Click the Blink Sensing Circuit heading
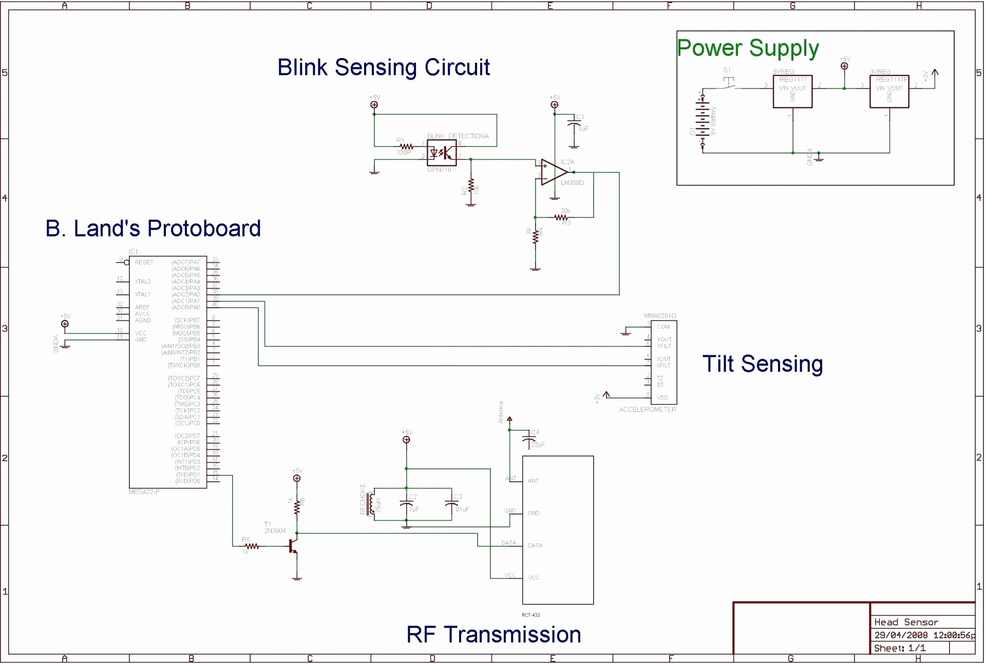coord(384,67)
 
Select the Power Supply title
coord(748,48)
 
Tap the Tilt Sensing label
coord(762,364)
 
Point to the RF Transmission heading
coord(494,635)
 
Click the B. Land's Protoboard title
coord(153,229)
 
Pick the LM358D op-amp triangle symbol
coord(554,172)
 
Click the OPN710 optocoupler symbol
coord(442,153)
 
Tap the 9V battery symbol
coord(701,122)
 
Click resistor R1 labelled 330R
coord(406,147)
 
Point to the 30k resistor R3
coord(561,218)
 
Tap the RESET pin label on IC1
coord(144,262)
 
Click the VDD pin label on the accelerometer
coord(662,397)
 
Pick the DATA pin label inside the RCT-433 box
coord(535,545)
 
